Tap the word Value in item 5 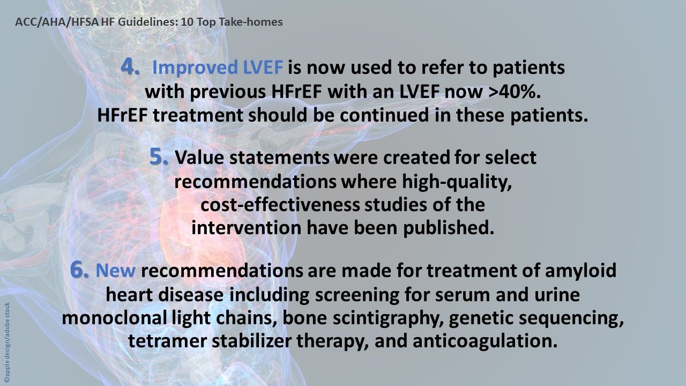[x=201, y=159]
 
